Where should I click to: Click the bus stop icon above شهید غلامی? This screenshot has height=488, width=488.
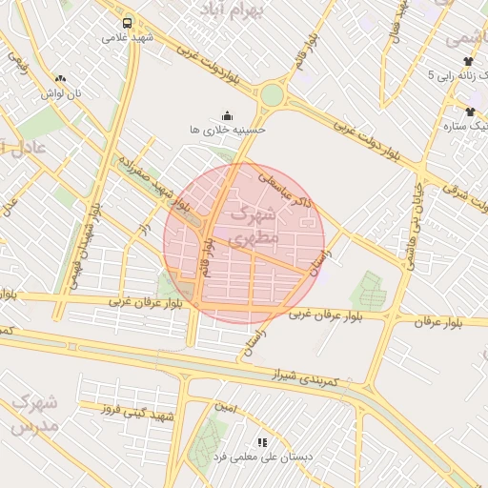[127, 23]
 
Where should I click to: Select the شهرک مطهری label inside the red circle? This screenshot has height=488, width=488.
[255, 223]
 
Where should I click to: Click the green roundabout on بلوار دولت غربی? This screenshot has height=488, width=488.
[273, 95]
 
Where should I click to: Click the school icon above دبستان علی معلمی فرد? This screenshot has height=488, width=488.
[262, 441]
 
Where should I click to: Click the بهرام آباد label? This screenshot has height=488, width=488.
[230, 10]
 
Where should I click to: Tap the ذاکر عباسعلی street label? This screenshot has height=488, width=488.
[286, 189]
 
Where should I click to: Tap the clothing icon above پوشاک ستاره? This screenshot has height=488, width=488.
[470, 112]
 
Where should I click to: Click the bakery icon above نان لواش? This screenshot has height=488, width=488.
[61, 79]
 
